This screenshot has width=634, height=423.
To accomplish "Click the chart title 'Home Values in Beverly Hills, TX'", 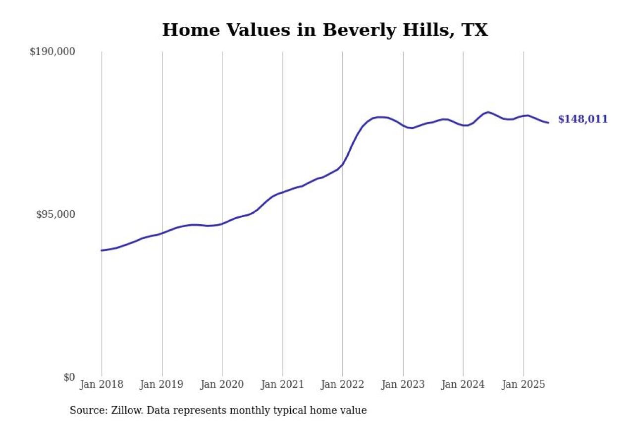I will click(x=325, y=30).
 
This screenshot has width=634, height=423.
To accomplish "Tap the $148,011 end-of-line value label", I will click(x=582, y=120).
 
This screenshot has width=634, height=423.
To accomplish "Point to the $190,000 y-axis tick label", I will click(x=52, y=52).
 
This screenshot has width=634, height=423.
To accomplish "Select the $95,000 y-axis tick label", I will click(x=55, y=214).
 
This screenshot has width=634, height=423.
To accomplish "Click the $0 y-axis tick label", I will click(x=69, y=377).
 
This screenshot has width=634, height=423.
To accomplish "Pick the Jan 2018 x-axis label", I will click(x=102, y=385).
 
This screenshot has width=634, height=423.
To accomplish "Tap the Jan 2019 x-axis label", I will click(x=162, y=385).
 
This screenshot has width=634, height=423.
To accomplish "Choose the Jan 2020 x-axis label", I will click(x=222, y=385).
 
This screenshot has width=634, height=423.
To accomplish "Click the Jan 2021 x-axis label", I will click(x=282, y=385).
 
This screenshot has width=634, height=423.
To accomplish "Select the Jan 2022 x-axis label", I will click(x=343, y=385).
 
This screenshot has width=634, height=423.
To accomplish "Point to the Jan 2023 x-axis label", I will click(x=403, y=385).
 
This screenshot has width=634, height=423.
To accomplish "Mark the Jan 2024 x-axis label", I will click(x=463, y=385).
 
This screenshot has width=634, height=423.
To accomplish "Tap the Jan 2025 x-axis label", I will click(x=524, y=385).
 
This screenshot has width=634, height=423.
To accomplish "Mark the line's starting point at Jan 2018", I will click(x=102, y=250).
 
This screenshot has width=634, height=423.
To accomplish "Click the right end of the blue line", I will click(x=548, y=122).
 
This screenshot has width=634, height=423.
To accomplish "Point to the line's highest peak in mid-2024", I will click(x=488, y=112).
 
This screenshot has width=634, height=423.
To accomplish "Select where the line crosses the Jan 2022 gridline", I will click(x=343, y=164).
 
